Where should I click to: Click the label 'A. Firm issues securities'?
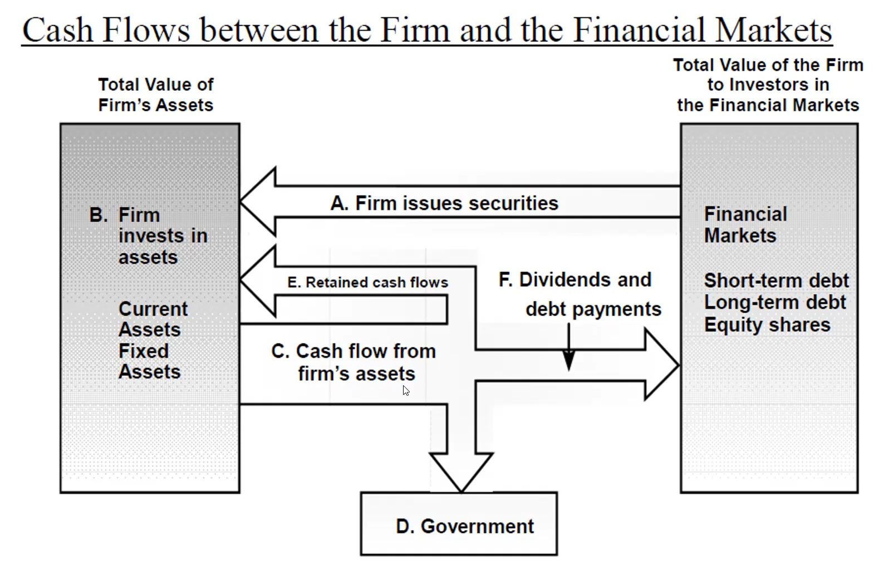coord(444,204)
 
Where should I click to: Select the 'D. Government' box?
coord(459,524)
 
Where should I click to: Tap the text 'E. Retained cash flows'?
coord(368,282)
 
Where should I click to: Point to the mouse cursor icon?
coord(406,391)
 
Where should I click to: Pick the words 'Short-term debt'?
coord(776,281)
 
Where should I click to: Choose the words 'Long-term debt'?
coord(775,302)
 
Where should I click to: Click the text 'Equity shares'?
coord(767,325)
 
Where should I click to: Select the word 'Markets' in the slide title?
coord(773,30)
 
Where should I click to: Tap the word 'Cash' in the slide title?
coord(58,30)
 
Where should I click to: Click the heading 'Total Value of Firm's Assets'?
coord(156,95)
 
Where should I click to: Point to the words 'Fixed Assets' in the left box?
coord(150,361)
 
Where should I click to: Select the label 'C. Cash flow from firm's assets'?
coord(353,362)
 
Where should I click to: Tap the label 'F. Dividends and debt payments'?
coord(580,295)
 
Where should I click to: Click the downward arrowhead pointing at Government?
coord(461,472)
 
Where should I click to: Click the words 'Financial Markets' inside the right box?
coord(745,225)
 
